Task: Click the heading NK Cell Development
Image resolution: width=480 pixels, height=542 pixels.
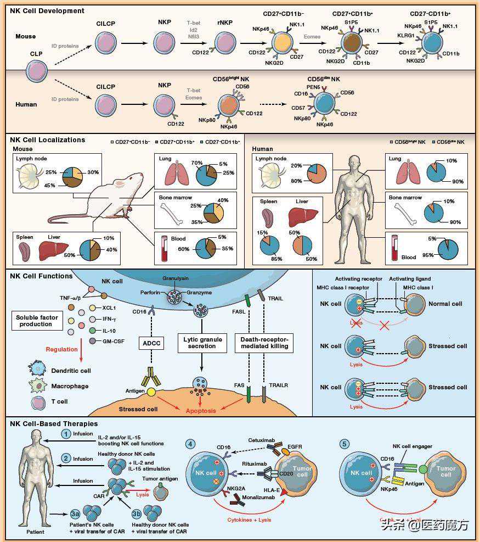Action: pos(47,10)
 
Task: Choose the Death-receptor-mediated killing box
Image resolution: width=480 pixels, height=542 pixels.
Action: pos(264,344)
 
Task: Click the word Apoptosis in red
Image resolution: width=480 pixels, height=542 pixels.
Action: pos(200,410)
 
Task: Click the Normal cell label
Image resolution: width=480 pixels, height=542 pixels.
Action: pos(445,304)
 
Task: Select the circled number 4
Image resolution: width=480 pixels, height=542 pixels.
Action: pos(190,443)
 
